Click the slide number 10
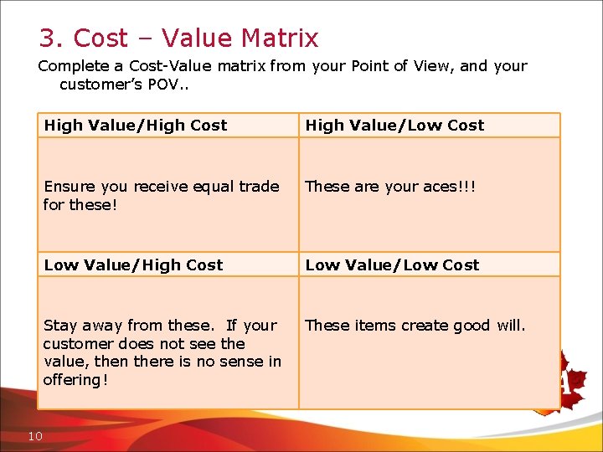pos(35,435)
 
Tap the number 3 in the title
pos(47,39)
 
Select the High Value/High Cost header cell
pos(167,126)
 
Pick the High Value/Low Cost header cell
pos(429,126)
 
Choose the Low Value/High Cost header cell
pos(167,265)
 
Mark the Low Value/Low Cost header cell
pos(429,265)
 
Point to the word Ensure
pos(70,187)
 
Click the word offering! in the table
pos(75,381)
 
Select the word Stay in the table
pos(59,326)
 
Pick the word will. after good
pos(511,326)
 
